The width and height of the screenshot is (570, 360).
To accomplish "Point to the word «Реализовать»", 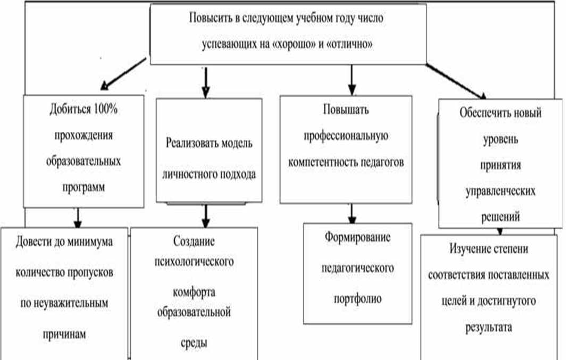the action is [x=191, y=143].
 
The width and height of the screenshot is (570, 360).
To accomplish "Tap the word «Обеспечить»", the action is [x=480, y=113].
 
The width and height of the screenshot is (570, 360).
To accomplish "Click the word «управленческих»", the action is [x=500, y=191].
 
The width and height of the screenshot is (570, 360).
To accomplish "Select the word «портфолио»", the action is [x=358, y=299].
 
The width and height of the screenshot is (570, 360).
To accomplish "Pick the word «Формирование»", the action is [x=358, y=237].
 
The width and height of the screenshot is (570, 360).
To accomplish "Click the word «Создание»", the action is [x=194, y=241].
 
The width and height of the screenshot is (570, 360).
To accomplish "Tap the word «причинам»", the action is [x=64, y=334].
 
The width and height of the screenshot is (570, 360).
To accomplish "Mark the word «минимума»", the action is [x=90, y=242].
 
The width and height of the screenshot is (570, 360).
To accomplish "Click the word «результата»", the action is [x=489, y=327].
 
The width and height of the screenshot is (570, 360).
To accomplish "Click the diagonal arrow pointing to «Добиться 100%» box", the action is [x=123, y=74].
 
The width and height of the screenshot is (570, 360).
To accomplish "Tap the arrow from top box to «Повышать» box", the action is [x=351, y=80].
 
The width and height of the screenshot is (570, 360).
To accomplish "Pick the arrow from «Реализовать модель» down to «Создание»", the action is [x=206, y=216].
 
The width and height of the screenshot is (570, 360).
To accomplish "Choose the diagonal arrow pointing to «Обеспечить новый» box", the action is [x=456, y=81].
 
